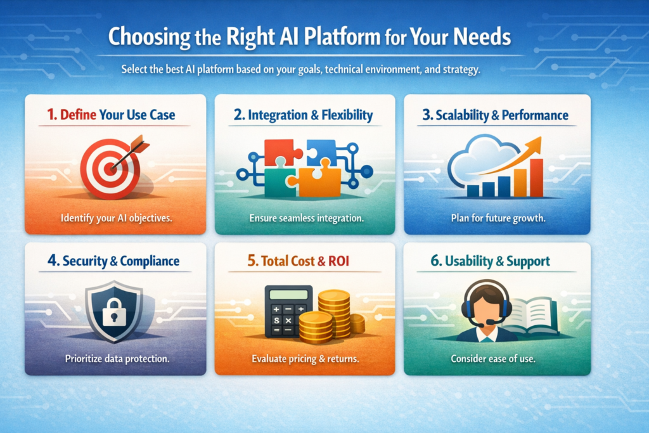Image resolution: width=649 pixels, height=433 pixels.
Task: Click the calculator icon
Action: tap(287, 311)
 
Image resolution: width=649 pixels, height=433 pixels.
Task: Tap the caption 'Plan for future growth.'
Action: tap(498, 218)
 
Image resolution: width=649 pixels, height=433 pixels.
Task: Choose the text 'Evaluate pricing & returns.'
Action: tap(305, 359)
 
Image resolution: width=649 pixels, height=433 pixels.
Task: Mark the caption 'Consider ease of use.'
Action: tap(494, 359)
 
